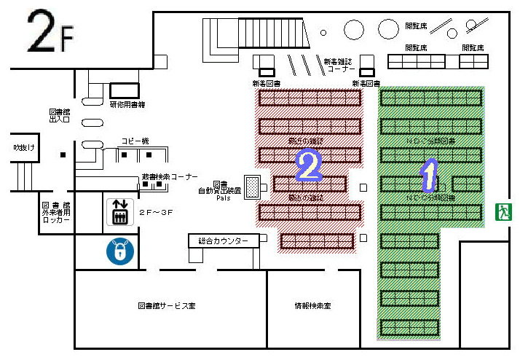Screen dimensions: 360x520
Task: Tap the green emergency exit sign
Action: tap(503, 212)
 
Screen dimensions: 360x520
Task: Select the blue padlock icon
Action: tap(117, 251)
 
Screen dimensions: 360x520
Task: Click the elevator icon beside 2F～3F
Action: tap(118, 211)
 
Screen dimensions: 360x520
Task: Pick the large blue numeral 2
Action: tap(309, 166)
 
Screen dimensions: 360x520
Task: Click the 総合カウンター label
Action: tap(224, 240)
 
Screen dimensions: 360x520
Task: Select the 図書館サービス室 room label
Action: tap(167, 306)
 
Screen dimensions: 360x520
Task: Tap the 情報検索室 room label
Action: tap(312, 306)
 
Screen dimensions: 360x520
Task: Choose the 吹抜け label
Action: tap(24, 147)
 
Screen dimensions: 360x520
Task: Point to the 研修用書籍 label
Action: tap(127, 105)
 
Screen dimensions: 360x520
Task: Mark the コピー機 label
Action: tap(135, 140)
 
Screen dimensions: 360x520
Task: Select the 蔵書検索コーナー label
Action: tap(170, 176)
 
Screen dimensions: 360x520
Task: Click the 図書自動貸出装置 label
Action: tap(219, 187)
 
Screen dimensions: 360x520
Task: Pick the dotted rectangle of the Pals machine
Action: tap(253, 187)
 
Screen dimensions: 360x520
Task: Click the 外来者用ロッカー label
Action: tap(56, 212)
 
